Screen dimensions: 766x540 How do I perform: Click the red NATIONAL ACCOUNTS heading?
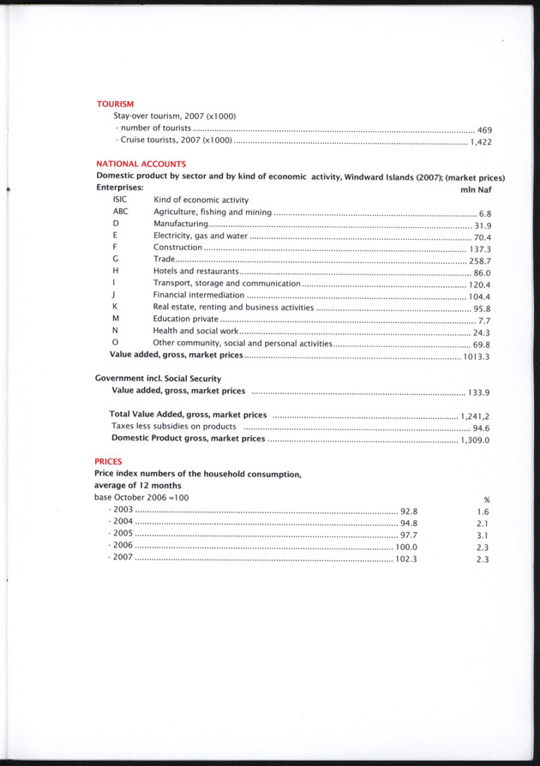coord(141,164)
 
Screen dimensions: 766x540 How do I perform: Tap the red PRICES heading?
coord(108,461)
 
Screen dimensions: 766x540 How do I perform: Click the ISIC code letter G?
coord(115,259)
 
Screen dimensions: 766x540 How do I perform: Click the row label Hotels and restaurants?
coord(195,271)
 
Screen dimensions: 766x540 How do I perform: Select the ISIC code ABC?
coord(120,211)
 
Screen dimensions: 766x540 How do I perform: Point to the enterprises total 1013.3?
coord(477,356)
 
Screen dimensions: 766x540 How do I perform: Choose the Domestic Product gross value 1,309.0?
coord(474,440)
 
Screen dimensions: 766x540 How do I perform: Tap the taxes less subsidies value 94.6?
coord(481,428)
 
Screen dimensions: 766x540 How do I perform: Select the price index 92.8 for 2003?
coord(409,511)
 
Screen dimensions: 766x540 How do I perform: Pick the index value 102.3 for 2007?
coord(405,560)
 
